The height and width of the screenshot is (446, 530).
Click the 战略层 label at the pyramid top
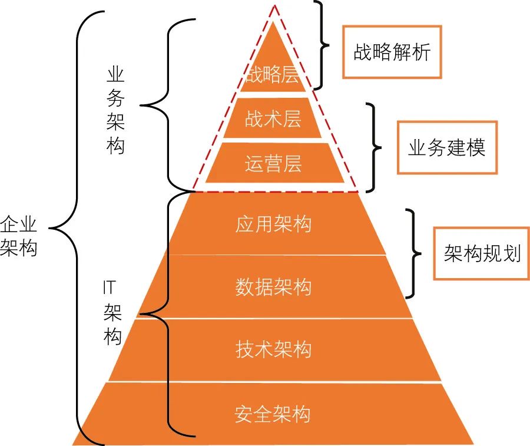pos(273,76)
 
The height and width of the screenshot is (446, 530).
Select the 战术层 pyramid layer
pos(273,118)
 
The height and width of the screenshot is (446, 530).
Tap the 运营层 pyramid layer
pos(273,163)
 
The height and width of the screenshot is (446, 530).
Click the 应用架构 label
pos(273,224)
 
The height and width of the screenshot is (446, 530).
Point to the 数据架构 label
pos(273,287)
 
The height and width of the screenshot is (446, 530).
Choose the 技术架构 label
pos(273,350)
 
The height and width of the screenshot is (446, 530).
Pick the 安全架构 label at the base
pos(273,414)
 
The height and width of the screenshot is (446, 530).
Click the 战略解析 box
pos(392,52)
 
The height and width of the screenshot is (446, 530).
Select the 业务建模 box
pos(447,147)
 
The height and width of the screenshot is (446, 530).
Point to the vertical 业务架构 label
pos(116,110)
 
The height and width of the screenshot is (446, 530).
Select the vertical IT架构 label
pos(112,312)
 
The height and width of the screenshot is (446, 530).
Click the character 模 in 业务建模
pos(476,147)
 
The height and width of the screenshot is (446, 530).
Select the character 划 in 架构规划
pos(511,253)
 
